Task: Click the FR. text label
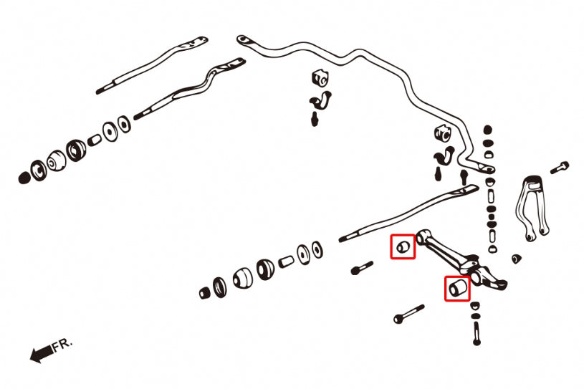(62, 346)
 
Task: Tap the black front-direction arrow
(41, 352)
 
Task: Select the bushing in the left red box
(403, 247)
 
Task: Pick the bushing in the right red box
(457, 288)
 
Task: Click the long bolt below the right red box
(409, 315)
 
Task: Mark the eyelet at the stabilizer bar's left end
(243, 39)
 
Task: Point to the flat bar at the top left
(152, 64)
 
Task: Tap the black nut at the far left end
(25, 176)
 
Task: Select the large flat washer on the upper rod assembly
(112, 132)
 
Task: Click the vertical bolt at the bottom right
(476, 332)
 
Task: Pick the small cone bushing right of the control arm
(515, 257)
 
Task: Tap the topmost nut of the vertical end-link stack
(488, 130)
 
